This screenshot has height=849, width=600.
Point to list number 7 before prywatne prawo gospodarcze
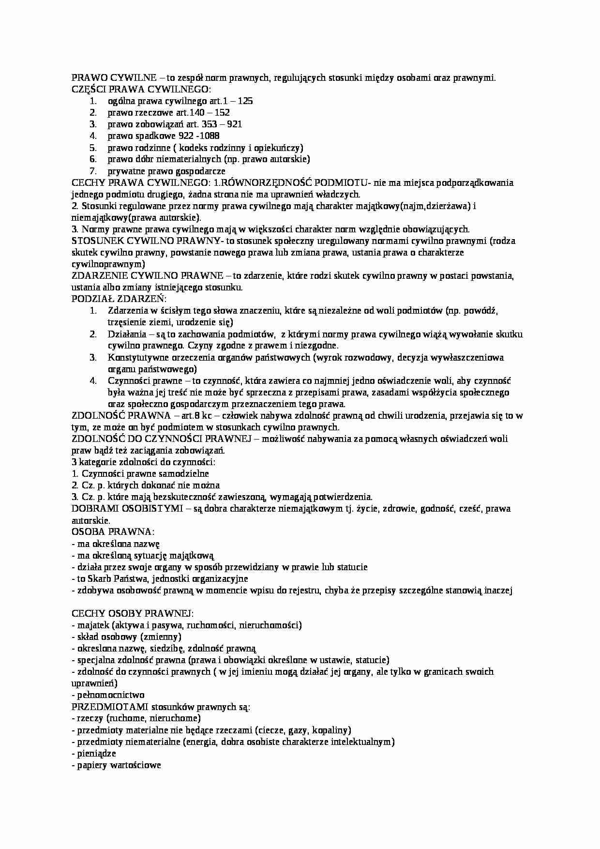(x=93, y=171)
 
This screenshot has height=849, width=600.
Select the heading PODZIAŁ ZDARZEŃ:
(x=119, y=299)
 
